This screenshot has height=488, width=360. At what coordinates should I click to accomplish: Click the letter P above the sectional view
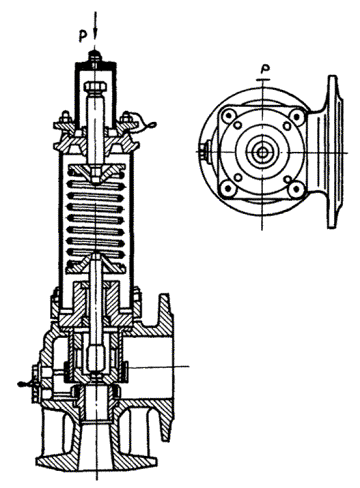(x=83, y=36)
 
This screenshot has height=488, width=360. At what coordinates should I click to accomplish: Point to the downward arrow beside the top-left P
(x=96, y=24)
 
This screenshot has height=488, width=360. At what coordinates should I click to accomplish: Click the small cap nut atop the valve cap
(x=96, y=56)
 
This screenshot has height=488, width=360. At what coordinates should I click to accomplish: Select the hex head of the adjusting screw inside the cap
(x=96, y=87)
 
